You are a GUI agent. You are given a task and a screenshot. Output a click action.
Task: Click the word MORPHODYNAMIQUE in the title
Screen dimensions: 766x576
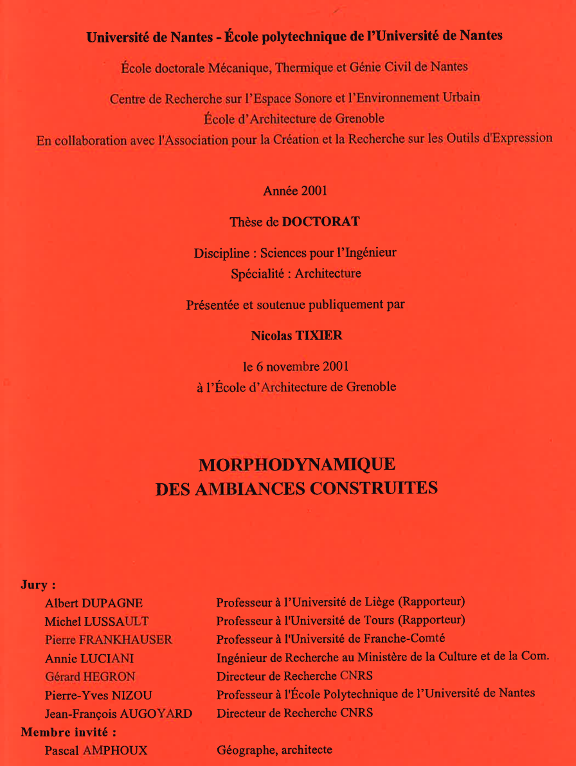coord(296,464)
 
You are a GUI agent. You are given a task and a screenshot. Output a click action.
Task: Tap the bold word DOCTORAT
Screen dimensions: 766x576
coord(321,222)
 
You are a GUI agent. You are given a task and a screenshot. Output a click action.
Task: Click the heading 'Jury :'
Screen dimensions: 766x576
coord(39,585)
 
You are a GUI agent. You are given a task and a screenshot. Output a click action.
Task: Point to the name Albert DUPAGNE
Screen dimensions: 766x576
coord(94,603)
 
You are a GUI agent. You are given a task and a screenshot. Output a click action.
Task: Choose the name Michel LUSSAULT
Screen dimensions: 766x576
coord(96,621)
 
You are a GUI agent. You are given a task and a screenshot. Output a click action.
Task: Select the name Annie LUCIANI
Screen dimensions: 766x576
coord(89,659)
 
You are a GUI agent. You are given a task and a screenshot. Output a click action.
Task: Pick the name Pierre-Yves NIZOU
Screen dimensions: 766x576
coord(98,695)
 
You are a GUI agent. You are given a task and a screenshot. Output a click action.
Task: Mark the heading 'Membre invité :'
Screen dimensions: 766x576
coord(68,731)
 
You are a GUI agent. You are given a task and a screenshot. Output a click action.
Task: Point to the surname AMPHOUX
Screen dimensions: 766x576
coord(115,750)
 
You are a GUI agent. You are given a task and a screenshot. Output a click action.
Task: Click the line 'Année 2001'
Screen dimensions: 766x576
coord(295,191)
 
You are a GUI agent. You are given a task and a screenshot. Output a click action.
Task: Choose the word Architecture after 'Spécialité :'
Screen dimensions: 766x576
coord(328,274)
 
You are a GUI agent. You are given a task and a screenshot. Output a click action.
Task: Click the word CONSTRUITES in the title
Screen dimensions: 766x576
coord(373,488)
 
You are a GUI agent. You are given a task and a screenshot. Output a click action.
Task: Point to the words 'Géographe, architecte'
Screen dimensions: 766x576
coord(274,749)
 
